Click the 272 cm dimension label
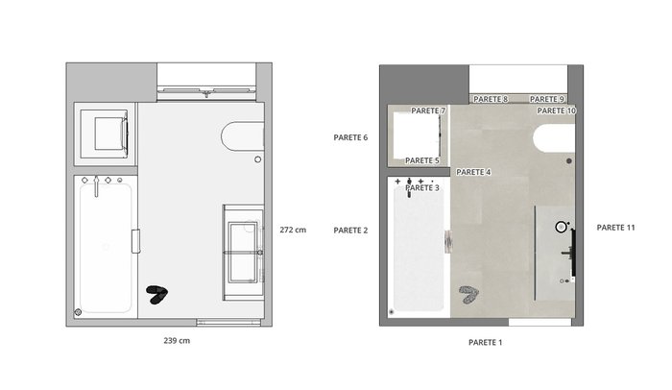[293, 230]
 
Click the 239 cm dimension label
[177, 341]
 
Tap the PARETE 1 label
[485, 342]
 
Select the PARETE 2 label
[350, 231]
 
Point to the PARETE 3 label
[422, 188]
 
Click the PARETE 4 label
[473, 172]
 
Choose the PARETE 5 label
[422, 160]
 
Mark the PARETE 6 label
[350, 137]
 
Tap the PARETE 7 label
[428, 110]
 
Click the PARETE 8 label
[491, 99]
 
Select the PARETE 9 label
[547, 99]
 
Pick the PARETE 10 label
[556, 110]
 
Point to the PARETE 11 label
[615, 228]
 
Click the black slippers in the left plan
[157, 294]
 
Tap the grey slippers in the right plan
[468, 295]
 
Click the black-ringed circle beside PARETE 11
[561, 227]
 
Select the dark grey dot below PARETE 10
[568, 160]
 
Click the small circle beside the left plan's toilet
[257, 159]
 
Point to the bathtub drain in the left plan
[78, 312]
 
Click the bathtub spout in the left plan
[96, 186]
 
